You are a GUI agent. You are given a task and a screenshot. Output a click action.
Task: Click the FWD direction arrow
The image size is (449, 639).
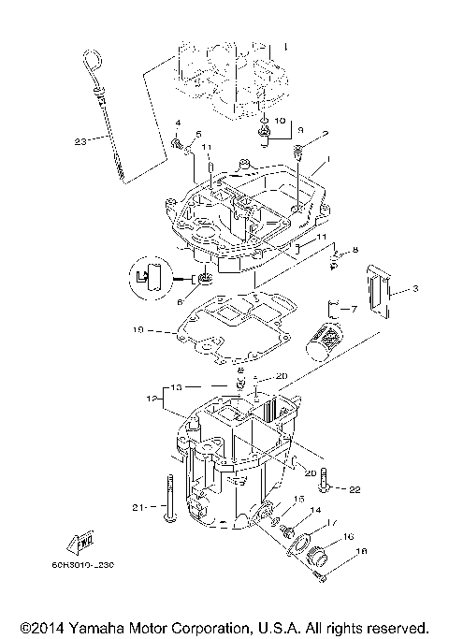[75, 540]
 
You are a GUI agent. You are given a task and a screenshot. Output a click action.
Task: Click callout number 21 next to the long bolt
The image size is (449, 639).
[138, 507]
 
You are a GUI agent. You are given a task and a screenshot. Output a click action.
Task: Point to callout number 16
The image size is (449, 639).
[348, 537]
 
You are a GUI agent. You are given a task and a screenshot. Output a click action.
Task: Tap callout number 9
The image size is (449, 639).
[300, 132]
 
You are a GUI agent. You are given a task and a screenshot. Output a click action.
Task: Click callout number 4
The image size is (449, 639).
[176, 123]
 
